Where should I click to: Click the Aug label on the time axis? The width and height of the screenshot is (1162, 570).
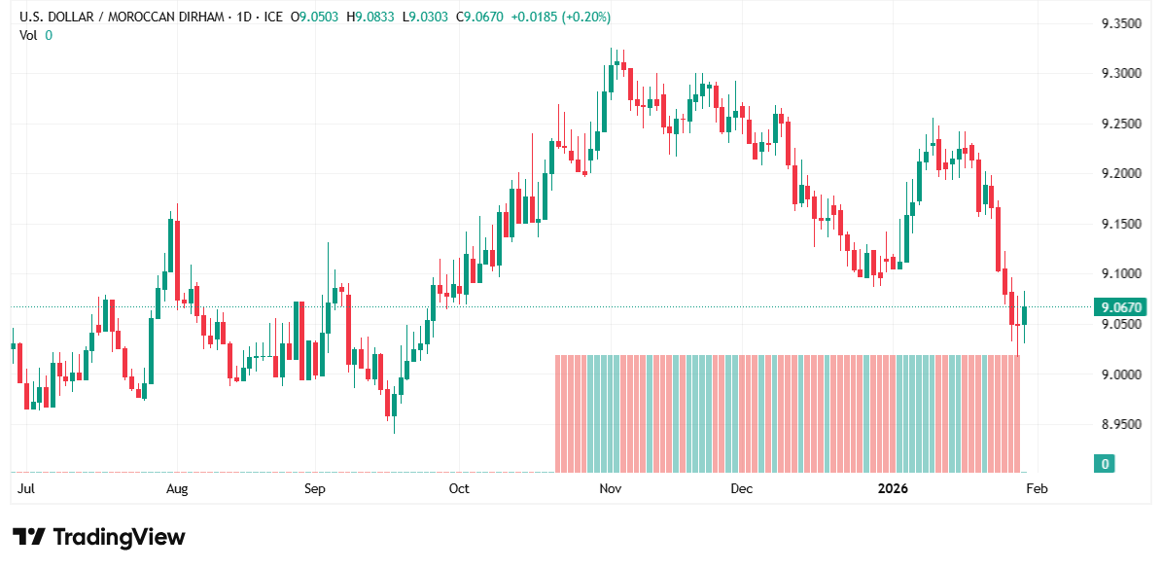click(176, 488)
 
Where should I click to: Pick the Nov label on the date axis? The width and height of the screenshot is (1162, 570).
click(610, 488)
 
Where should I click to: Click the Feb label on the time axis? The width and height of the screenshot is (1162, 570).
click(1037, 488)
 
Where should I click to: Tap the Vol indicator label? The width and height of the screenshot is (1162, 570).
click(29, 35)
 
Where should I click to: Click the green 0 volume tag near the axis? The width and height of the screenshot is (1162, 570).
click(1104, 464)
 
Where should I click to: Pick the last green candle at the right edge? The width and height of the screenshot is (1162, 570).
click(1024, 315)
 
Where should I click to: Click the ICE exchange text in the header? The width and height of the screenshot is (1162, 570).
click(273, 17)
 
